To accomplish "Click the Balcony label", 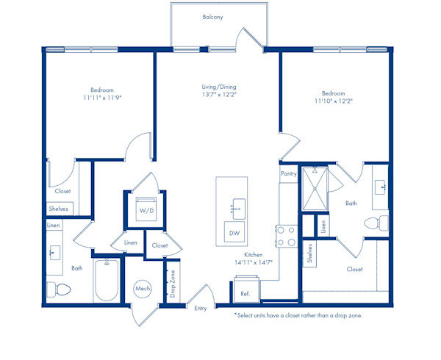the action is tap(212, 17).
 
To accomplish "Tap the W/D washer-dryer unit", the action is tap(146, 209).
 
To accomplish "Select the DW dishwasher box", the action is tap(234, 232).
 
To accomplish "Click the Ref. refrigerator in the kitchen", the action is tap(247, 289).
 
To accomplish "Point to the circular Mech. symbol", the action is tap(143, 289).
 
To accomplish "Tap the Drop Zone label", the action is tap(173, 284).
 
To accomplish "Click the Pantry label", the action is tap(289, 174).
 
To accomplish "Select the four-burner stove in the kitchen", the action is tap(287, 236).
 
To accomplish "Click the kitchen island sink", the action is tap(238, 209).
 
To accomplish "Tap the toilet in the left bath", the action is tap(59, 289).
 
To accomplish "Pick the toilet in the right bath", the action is tap(376, 223).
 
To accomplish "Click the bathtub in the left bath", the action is tap(107, 280).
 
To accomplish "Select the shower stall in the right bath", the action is tap(315, 189).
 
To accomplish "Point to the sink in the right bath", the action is tap(380, 187).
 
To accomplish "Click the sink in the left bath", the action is tap(55, 253).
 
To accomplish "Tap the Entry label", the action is tap(200, 309).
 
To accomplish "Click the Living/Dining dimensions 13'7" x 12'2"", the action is tap(219, 95).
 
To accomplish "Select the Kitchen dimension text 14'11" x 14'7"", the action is tap(254, 262).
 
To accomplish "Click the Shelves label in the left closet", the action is tap(59, 209).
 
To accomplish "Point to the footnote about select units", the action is tap(298, 315).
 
